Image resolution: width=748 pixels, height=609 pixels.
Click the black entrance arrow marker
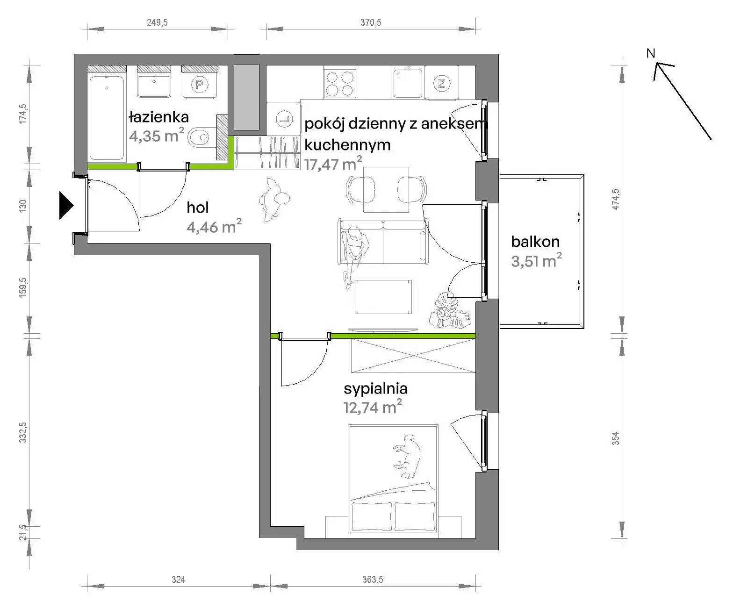pos(66,205)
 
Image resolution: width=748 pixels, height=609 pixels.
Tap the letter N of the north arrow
pos(651,53)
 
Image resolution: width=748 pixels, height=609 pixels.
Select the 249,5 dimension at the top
pos(157,22)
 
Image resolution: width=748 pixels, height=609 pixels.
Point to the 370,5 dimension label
pos(370,22)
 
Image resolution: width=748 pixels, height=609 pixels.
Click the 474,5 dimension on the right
pos(616,200)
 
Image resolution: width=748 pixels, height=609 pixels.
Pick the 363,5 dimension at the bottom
pos(373,579)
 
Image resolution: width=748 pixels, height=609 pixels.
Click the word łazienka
pos(159,117)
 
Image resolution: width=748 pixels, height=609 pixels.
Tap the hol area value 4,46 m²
pos(214,226)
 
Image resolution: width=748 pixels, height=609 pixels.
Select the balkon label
pos(535,242)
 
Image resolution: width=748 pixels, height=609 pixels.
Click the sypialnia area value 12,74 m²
pos(373,407)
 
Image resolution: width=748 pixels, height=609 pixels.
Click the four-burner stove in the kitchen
pos(339,84)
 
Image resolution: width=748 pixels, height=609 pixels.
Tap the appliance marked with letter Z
pos(441,83)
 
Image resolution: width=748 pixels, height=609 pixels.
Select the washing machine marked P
pos(200,84)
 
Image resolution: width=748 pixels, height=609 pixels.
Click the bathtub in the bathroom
pos(107,118)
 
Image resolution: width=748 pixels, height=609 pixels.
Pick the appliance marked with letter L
pos(283,119)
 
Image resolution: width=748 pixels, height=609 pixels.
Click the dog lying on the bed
pos(407,456)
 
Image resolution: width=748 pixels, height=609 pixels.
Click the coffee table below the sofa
pos(383,297)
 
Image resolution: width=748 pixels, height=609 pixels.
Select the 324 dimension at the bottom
pos(179,579)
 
